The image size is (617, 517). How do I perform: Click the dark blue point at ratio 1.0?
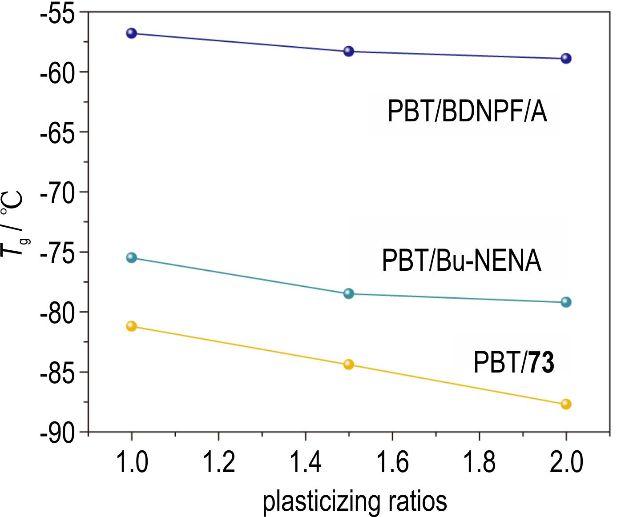point(131,33)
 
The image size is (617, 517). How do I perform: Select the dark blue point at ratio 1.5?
point(349,51)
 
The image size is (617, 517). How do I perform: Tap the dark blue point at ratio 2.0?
point(566,58)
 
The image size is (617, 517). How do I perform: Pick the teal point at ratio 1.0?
point(131,257)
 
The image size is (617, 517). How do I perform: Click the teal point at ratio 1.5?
point(349,293)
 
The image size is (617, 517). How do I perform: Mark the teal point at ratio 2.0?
point(566,302)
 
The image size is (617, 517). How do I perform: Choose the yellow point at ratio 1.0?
point(131,326)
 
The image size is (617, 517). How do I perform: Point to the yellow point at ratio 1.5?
point(349,365)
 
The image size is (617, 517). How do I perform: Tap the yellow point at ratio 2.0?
point(566,404)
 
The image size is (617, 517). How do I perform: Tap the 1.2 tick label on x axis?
point(218,463)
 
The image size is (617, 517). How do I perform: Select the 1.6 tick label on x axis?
point(392,463)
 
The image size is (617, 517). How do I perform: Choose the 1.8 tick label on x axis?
point(479,463)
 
